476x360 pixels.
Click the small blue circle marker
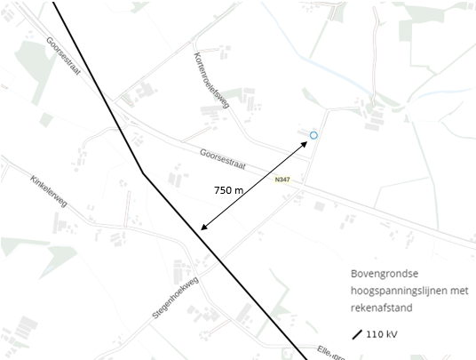click(313, 135)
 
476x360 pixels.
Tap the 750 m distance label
click(229, 190)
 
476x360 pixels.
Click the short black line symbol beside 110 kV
click(358, 334)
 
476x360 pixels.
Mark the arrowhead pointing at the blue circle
click(305, 142)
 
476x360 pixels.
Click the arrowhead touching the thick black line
click(204, 228)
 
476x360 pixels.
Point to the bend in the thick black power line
click(142, 172)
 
